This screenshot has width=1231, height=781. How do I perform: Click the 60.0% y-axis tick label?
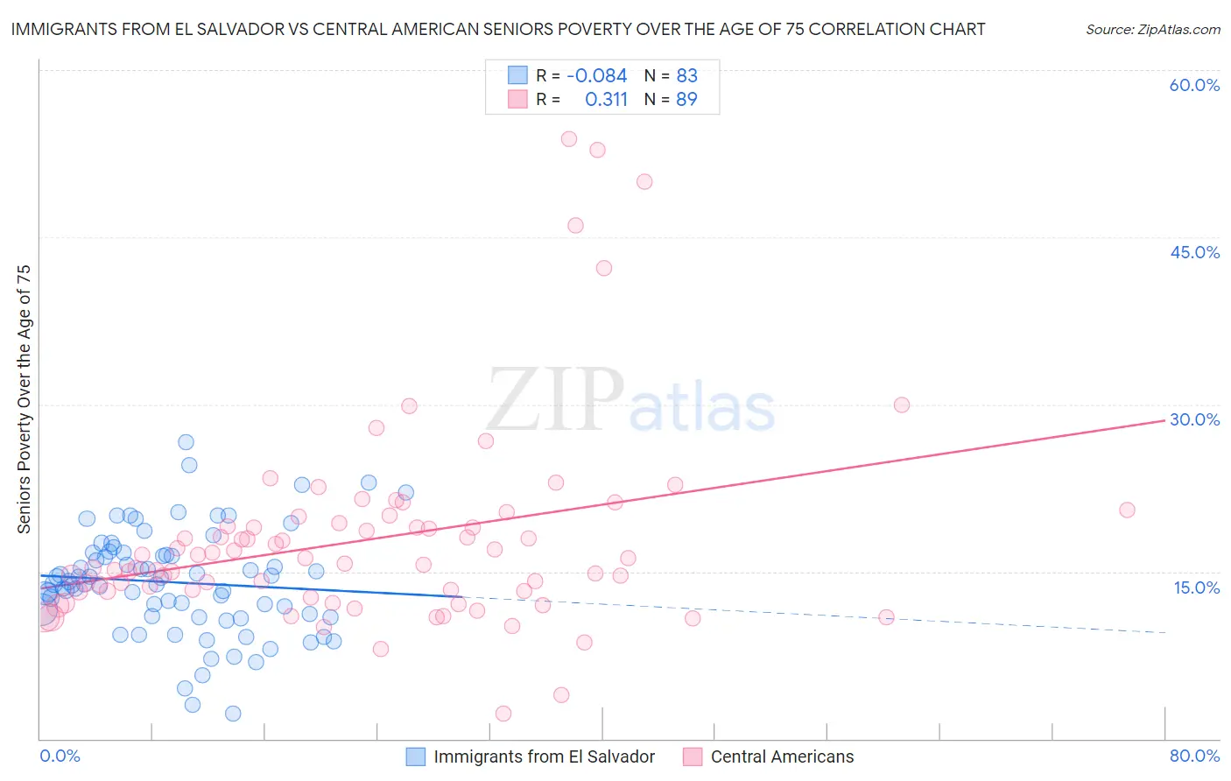click(1194, 85)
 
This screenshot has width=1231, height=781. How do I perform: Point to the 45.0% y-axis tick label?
click(1194, 252)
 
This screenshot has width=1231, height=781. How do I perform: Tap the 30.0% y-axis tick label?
click(1194, 419)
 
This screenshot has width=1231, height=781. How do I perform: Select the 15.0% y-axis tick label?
click(1196, 587)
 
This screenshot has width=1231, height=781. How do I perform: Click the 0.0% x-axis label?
click(60, 756)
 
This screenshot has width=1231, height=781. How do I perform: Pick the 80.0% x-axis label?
click(1194, 756)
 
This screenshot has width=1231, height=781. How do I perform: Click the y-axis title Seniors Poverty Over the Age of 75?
click(25, 399)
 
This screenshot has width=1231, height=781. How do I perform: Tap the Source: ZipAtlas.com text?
click(1152, 30)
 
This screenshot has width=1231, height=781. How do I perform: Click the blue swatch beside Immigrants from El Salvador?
click(416, 756)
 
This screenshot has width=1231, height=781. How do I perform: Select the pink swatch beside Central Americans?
click(693, 756)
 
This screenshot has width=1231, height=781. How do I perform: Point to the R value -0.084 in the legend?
click(596, 76)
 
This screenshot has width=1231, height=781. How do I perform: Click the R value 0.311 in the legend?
click(606, 100)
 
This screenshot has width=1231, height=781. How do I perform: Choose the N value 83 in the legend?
click(686, 76)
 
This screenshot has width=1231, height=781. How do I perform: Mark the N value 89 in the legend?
click(686, 100)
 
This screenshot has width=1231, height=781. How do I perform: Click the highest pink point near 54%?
click(569, 138)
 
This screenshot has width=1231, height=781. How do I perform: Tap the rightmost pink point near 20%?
click(1127, 510)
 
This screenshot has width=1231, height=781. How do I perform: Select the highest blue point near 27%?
click(186, 442)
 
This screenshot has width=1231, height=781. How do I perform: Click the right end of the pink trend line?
click(1164, 421)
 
